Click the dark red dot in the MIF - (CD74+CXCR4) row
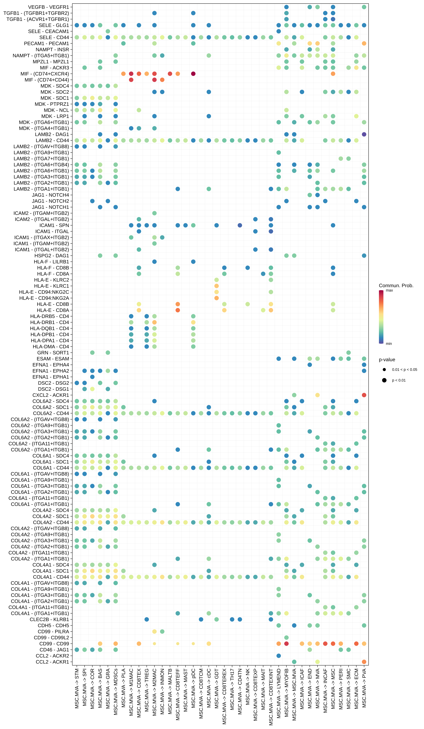(193, 74)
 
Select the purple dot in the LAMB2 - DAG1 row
(364, 134)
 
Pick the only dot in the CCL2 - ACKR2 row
(279, 656)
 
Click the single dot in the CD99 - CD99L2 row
(286, 638)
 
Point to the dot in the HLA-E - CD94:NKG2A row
(216, 298)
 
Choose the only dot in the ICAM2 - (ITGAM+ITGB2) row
(154, 213)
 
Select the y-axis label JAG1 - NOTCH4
(50, 195)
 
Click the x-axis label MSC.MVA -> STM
(77, 689)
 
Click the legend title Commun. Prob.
(396, 285)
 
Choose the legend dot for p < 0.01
(384, 380)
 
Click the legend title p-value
(387, 360)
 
